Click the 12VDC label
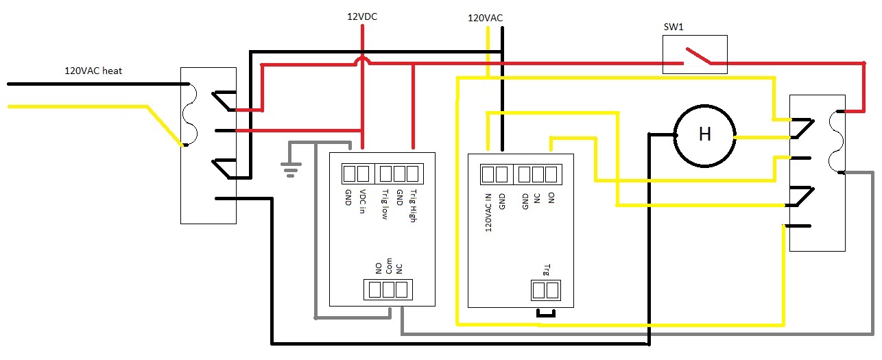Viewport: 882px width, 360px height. pos(361,16)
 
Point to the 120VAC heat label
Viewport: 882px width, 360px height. pos(93,71)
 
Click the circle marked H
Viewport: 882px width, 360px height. pos(704,134)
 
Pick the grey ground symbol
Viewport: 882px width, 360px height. pos(291,167)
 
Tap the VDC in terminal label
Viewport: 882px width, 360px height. pos(363,202)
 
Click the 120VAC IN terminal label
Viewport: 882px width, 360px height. pos(488,212)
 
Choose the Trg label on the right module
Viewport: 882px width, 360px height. pos(547,269)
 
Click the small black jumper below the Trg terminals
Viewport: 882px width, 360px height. pos(545,314)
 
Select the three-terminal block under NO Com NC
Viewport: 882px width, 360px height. pos(388,289)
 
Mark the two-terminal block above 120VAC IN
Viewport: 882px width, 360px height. pos(494,174)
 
